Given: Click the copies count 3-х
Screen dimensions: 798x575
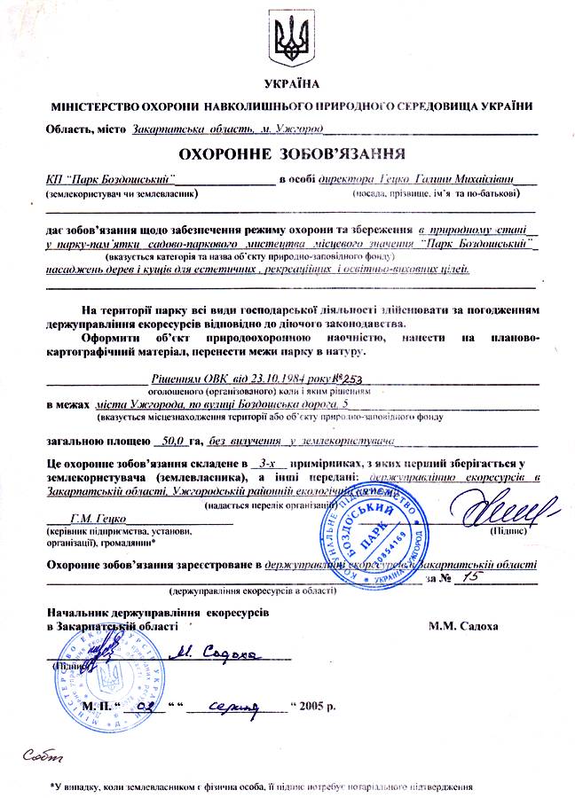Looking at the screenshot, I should [264, 463].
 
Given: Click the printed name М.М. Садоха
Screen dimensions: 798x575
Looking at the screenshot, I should [462, 626].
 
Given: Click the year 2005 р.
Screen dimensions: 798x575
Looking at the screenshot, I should [319, 707].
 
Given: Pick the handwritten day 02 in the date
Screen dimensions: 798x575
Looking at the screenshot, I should [148, 707].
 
